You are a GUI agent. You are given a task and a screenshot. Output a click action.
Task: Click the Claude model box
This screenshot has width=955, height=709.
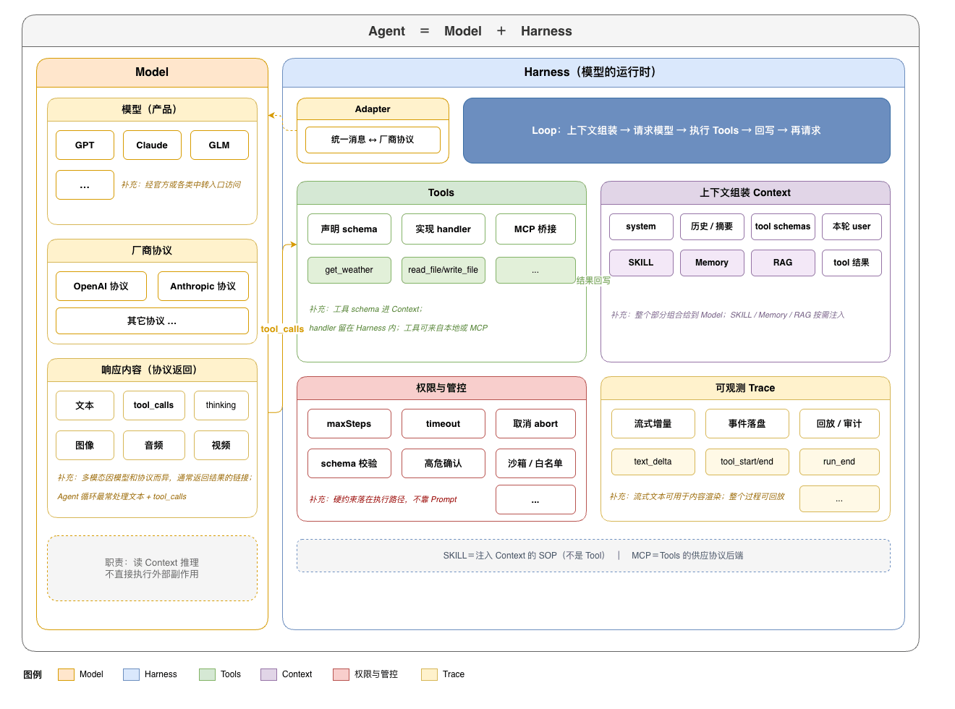click(151, 145)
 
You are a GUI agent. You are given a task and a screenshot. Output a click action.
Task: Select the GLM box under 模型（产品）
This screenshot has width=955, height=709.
click(219, 145)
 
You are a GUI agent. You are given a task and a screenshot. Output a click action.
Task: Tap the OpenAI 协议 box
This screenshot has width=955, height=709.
click(101, 286)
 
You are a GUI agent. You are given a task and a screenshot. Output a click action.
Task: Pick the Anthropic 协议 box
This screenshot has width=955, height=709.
click(203, 286)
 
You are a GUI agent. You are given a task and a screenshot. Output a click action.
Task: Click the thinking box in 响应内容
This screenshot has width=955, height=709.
click(221, 405)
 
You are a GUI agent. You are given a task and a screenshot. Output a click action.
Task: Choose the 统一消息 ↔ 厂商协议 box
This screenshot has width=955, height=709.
click(373, 140)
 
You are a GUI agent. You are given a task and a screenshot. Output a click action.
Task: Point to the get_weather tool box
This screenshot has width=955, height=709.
click(349, 270)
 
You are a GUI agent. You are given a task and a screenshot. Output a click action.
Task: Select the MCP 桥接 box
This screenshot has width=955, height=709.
click(535, 229)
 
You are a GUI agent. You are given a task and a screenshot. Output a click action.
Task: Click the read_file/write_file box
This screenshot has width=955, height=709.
click(443, 270)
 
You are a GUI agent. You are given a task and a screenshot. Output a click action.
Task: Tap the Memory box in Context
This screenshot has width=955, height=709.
click(712, 263)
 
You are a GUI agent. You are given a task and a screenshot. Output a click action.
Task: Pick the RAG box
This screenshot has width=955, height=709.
click(782, 263)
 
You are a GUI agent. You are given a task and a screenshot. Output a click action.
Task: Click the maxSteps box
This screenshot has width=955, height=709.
click(349, 423)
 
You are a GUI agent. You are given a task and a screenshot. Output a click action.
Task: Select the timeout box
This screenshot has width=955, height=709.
click(443, 423)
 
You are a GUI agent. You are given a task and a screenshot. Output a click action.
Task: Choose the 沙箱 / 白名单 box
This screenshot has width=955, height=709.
click(535, 463)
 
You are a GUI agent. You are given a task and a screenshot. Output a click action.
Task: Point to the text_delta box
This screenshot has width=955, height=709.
click(653, 462)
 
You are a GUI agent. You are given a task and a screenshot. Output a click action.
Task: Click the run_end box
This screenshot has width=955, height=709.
click(839, 462)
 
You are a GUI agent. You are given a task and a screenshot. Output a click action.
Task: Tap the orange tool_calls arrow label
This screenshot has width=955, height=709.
click(282, 329)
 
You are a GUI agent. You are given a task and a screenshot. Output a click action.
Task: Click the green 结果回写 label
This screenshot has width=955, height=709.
click(593, 281)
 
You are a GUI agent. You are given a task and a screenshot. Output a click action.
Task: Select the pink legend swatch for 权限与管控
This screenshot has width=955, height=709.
click(341, 674)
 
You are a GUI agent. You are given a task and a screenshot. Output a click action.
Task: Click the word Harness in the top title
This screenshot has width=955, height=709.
click(546, 31)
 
